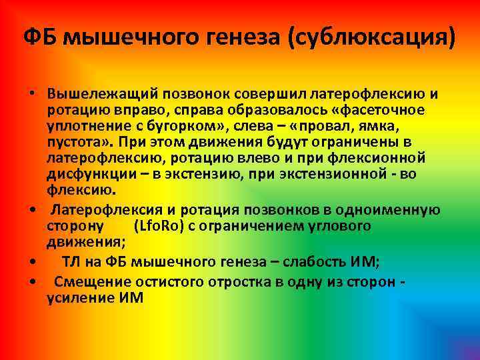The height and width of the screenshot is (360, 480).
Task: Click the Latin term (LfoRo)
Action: pyautogui.click(x=159, y=225)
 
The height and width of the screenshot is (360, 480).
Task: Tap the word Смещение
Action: pyautogui.click(x=88, y=281)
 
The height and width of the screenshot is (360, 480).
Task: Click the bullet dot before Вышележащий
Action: pyautogui.click(x=32, y=93)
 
